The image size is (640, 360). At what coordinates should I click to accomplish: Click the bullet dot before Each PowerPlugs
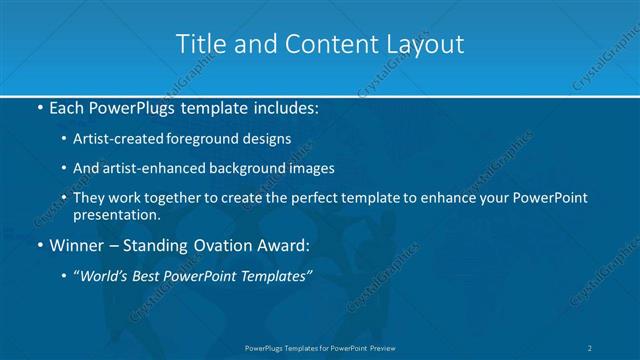[39, 106]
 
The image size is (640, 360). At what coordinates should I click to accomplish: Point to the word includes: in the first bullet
[290, 106]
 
